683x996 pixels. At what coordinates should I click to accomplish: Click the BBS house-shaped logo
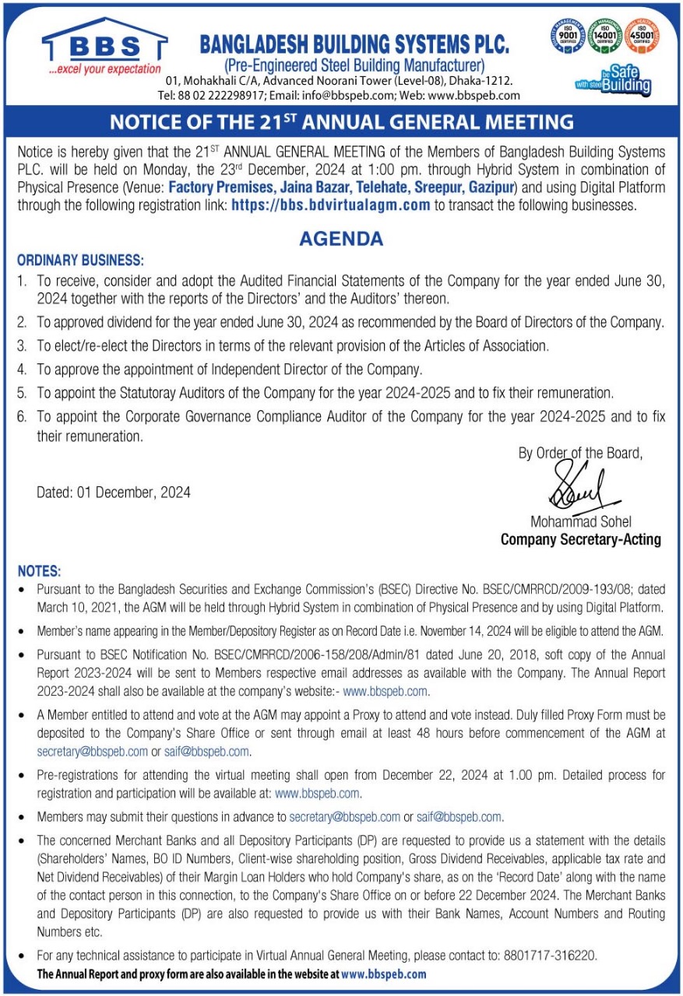[x=104, y=44]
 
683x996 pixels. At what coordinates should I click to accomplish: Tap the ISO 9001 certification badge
[x=568, y=36]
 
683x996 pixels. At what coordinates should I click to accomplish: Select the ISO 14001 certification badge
[x=604, y=36]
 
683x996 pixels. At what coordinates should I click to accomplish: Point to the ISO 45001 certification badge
[x=641, y=36]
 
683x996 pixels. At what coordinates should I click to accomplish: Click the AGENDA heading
[x=341, y=239]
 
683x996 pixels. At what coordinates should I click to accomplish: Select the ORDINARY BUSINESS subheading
[x=80, y=260]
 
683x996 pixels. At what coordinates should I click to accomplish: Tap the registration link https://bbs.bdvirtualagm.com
[x=331, y=205]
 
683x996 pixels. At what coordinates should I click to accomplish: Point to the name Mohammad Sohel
[x=581, y=521]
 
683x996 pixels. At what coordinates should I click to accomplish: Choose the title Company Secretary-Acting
[x=580, y=539]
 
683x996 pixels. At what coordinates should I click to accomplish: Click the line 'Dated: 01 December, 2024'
[x=114, y=492]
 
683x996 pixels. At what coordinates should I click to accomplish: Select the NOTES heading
[x=39, y=571]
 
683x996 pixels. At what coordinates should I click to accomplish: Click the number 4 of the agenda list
[x=22, y=370]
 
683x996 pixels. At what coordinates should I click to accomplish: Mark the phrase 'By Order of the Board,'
[x=580, y=453]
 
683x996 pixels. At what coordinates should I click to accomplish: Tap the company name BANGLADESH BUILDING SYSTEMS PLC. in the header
[x=354, y=45]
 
